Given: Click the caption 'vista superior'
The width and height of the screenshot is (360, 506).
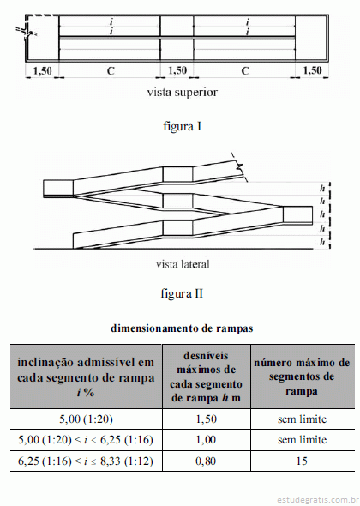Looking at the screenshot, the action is tap(183, 93).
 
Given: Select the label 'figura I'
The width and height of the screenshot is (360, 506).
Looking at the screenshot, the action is tap(183, 126).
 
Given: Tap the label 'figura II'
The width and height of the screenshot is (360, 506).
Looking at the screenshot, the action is tap(182, 293).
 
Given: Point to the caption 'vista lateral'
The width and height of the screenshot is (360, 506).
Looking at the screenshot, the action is tap(183, 264).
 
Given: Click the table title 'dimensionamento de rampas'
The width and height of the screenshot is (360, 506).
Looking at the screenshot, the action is tap(182, 328).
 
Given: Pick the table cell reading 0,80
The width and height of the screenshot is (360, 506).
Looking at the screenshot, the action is tap(206, 461).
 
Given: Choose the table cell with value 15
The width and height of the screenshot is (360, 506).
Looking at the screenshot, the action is tap(302, 461).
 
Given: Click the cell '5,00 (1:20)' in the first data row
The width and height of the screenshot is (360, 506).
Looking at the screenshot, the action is tap(86, 419).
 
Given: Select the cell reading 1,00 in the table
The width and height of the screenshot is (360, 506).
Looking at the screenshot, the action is tap(206, 440).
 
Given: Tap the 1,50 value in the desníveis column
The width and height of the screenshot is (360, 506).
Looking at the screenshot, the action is tap(206, 419).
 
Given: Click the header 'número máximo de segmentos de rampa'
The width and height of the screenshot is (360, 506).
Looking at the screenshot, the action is tap(302, 376).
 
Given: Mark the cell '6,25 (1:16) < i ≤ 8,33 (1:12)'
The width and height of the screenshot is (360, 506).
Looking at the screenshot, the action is tap(86, 461).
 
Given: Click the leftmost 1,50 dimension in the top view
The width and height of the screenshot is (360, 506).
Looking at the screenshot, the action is tap(42, 70).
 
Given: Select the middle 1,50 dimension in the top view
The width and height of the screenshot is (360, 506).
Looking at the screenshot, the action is tap(177, 70).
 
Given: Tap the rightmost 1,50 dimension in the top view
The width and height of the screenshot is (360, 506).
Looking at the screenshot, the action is tap(312, 70).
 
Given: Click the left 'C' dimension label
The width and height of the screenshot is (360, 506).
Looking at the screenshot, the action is tap(111, 70).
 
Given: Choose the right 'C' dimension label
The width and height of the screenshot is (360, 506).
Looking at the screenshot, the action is tap(245, 70).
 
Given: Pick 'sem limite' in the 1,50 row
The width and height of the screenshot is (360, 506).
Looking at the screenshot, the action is tap(302, 419).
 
